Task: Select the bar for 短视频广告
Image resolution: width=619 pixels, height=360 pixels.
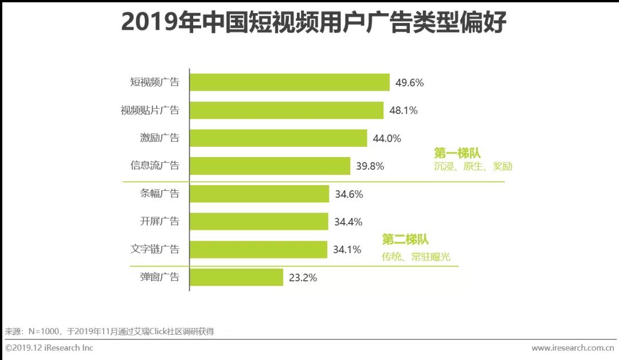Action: click(289, 83)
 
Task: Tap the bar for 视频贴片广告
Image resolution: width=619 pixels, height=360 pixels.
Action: click(287, 110)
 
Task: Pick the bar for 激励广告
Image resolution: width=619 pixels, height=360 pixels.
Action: click(278, 138)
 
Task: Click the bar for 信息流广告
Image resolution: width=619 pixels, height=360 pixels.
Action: click(270, 166)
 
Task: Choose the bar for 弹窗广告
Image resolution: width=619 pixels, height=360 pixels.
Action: click(236, 277)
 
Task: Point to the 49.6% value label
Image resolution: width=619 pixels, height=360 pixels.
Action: click(409, 83)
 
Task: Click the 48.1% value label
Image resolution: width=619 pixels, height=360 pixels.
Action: click(403, 110)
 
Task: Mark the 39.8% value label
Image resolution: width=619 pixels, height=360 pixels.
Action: click(370, 166)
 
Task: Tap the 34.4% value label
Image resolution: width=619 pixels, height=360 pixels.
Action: click(348, 222)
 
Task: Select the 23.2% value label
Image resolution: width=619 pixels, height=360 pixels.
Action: click(303, 277)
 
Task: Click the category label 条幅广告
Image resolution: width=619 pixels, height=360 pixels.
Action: click(159, 194)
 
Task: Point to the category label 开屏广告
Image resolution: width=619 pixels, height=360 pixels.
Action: click(159, 222)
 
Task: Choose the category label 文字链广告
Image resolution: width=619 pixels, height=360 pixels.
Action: click(155, 249)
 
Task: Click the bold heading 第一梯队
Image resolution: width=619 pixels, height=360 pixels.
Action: click(457, 153)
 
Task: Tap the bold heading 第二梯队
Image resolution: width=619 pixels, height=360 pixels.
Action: click(405, 240)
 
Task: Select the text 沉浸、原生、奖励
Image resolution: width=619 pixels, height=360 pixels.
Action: click(473, 167)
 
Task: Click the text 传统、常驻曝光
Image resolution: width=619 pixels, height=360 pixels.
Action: click(416, 257)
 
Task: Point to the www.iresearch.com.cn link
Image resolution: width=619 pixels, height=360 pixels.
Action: click(573, 348)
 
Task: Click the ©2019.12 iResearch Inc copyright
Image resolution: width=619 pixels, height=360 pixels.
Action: click(49, 348)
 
